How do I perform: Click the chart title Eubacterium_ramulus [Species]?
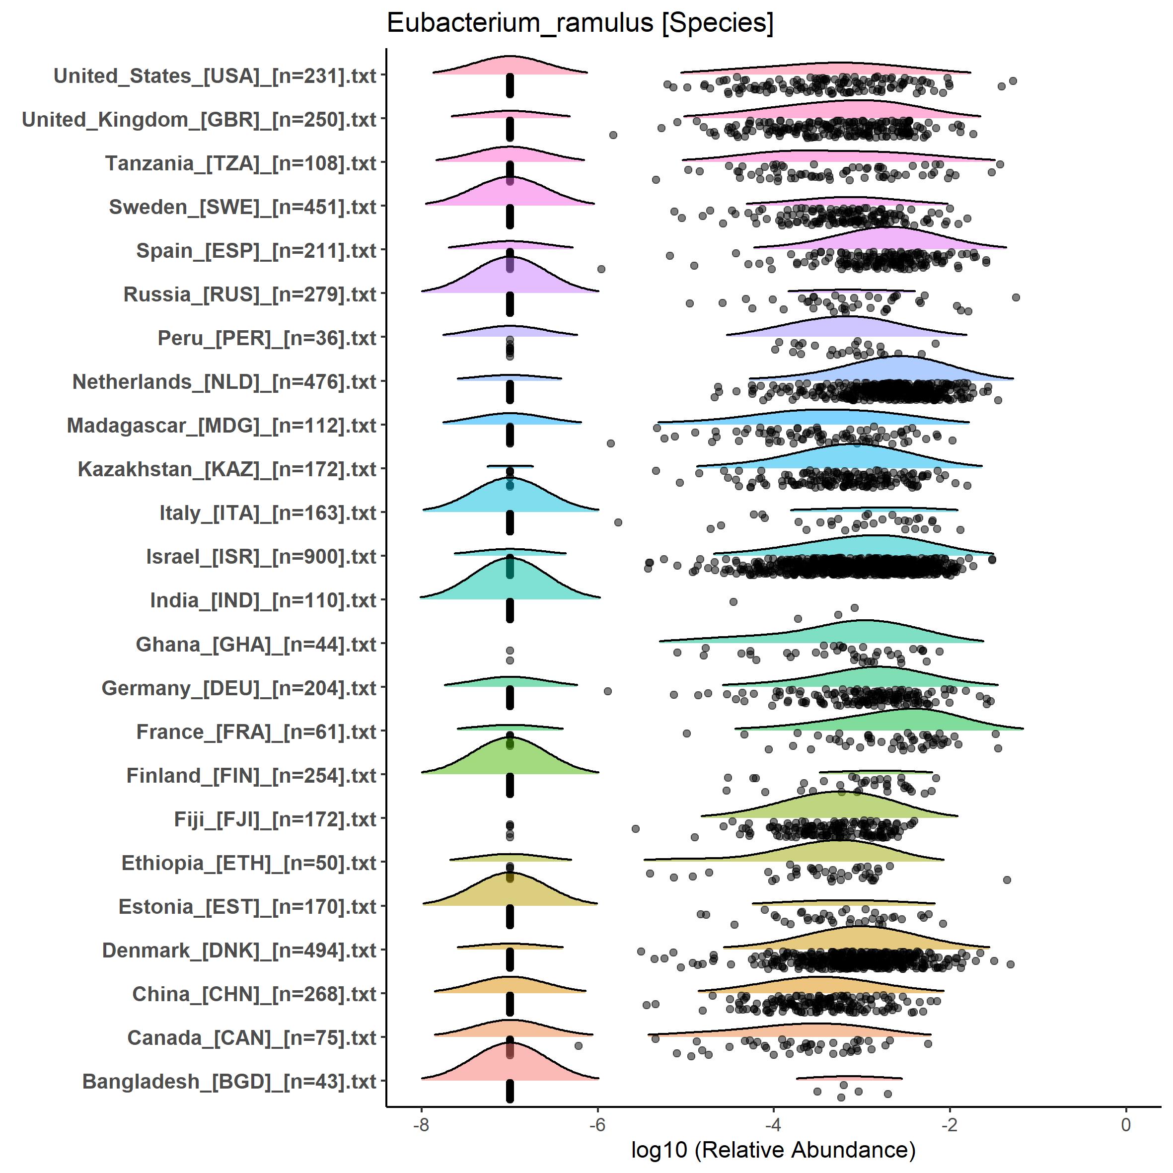click(x=580, y=24)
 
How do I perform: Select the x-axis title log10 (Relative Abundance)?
click(x=773, y=1149)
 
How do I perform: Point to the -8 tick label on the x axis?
click(x=421, y=1124)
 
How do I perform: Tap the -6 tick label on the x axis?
click(x=597, y=1124)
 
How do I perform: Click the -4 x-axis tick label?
click(x=773, y=1124)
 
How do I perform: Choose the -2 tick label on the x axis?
click(x=949, y=1124)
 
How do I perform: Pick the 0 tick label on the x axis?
click(x=1126, y=1124)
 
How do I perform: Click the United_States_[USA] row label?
click(x=215, y=76)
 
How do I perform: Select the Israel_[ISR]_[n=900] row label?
click(x=261, y=557)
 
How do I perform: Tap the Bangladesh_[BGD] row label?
click(x=229, y=1081)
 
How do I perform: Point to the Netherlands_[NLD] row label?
click(x=224, y=382)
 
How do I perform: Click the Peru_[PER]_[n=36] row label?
click(x=267, y=338)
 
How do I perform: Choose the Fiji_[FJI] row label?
click(x=275, y=819)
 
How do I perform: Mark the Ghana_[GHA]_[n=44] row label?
click(x=256, y=644)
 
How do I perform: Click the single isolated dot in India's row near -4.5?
click(x=733, y=602)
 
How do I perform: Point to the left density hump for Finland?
click(x=510, y=756)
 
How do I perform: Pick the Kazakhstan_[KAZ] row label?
click(x=227, y=469)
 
